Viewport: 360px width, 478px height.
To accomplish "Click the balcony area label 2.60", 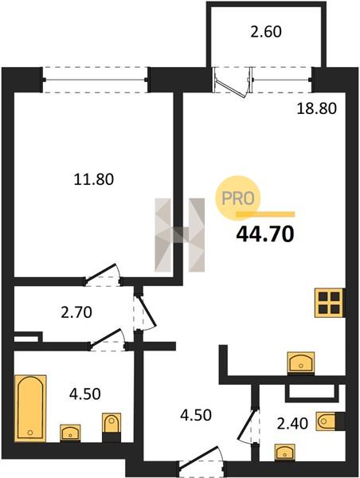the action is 266,32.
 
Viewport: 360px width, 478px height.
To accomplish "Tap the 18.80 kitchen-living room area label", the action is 317,108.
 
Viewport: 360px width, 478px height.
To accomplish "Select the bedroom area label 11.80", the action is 94,179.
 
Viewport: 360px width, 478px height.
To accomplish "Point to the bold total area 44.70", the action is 265,234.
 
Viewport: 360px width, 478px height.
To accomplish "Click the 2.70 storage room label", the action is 76,312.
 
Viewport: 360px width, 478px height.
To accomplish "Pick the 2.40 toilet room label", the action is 292,424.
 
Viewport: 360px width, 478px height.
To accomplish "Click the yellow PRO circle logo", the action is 238,198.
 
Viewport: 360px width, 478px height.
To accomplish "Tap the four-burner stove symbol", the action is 329,303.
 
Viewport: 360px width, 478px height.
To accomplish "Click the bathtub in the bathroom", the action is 30,408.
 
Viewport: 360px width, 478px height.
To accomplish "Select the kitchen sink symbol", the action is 301,362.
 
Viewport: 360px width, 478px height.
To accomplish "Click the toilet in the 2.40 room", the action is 326,421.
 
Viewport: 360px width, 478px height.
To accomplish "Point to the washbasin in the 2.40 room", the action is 284,452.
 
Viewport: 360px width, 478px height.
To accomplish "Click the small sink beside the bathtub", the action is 70,433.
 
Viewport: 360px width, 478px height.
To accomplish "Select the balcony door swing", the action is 233,83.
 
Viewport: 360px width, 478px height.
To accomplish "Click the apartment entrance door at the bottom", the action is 202,458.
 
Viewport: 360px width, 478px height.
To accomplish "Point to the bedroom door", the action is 103,274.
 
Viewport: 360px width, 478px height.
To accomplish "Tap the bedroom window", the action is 95,80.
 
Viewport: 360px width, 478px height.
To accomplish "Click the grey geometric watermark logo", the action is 179,235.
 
